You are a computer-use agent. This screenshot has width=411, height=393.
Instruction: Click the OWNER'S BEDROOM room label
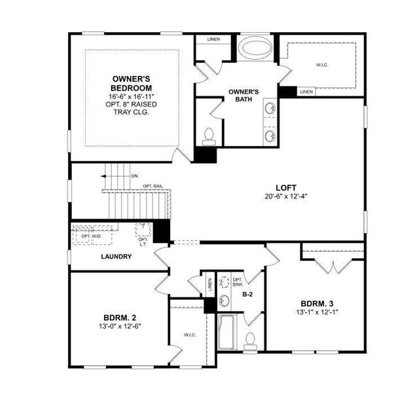click(x=132, y=83)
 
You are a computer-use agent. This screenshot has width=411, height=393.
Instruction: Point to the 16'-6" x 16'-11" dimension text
click(x=132, y=96)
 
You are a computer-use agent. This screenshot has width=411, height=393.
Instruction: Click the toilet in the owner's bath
click(x=209, y=136)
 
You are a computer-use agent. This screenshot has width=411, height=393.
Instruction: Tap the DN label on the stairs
click(x=135, y=176)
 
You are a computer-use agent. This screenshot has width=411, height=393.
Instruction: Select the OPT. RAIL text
click(x=153, y=187)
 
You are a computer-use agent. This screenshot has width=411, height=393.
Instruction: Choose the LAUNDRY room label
click(x=116, y=256)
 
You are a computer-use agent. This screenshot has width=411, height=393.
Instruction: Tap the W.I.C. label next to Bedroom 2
click(x=190, y=335)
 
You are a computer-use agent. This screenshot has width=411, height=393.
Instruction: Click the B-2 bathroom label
click(x=248, y=295)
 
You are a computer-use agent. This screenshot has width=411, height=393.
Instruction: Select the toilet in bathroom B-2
click(x=249, y=339)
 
